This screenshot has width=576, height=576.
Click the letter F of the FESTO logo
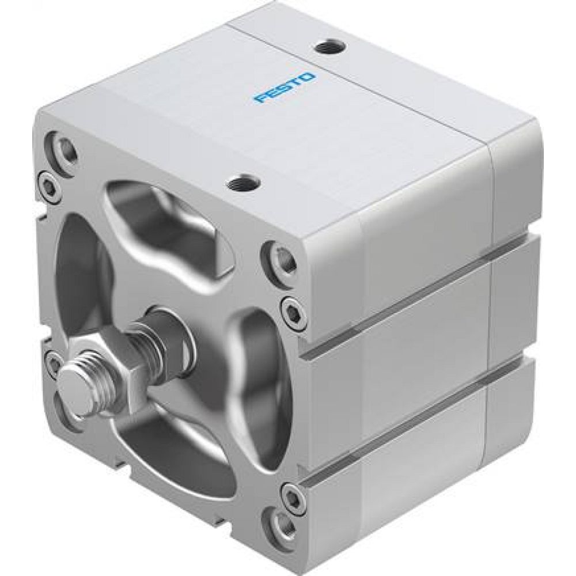coord(260,101)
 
